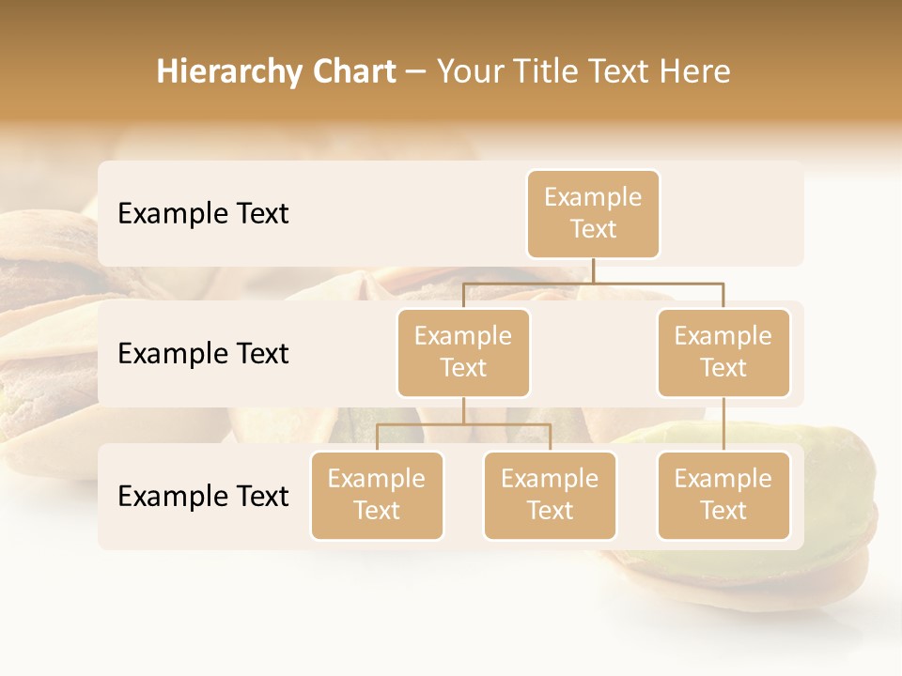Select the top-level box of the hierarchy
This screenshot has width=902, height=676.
tap(593, 213)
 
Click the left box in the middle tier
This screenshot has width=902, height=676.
tap(463, 352)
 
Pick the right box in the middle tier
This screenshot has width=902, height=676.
tap(723, 352)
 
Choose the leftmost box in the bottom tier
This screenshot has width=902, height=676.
tap(377, 495)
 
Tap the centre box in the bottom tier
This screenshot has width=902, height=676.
tap(550, 495)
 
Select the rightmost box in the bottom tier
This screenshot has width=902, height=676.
tap(723, 495)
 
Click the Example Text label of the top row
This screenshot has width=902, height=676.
tap(203, 213)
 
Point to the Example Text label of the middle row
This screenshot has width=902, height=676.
tap(203, 353)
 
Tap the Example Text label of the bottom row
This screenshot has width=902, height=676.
tap(203, 496)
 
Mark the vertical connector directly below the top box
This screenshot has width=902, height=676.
tap(593, 270)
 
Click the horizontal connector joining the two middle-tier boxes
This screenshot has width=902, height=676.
tap(593, 282)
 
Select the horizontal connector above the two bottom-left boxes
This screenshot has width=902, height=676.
tap(463, 424)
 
